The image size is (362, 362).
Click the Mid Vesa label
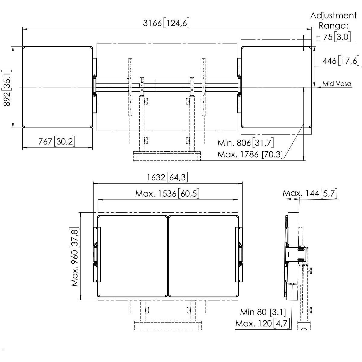tap(337, 84)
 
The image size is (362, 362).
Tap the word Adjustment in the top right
tap(333, 16)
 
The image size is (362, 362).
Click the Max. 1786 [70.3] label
tap(250, 154)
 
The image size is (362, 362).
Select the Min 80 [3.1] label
tap(263, 312)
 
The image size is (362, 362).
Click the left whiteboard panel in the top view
tap(58, 87)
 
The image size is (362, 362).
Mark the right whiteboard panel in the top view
tap(276, 87)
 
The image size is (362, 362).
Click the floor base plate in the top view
tap(167, 156)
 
